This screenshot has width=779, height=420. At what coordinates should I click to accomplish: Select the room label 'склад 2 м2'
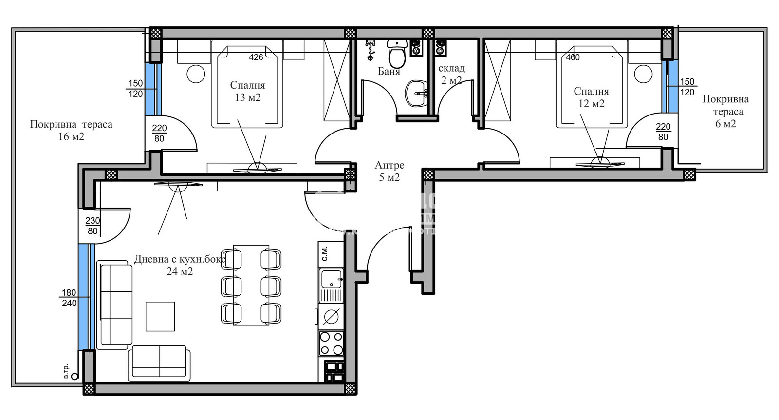pyautogui.click(x=451, y=74)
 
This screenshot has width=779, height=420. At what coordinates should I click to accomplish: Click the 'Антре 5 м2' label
pyautogui.click(x=389, y=171)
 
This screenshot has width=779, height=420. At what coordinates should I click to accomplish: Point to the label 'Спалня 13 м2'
pyautogui.click(x=247, y=91)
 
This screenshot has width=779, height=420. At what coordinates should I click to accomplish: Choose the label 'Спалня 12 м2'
pyautogui.click(x=591, y=97)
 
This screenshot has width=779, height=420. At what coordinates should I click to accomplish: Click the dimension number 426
pyautogui.click(x=256, y=57)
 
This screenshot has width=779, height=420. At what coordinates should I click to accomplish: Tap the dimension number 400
pyautogui.click(x=573, y=57)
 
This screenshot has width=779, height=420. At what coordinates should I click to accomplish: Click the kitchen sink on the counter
pyautogui.click(x=331, y=279)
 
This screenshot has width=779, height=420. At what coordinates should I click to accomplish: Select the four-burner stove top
pyautogui.click(x=331, y=343)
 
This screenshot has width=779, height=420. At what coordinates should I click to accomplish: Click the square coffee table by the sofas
pyautogui.click(x=160, y=316)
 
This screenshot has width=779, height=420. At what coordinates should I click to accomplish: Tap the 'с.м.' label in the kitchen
pyautogui.click(x=325, y=252)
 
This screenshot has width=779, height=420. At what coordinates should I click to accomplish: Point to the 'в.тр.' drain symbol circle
pyautogui.click(x=74, y=376)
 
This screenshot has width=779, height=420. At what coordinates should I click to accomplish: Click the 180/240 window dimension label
pyautogui.click(x=69, y=298)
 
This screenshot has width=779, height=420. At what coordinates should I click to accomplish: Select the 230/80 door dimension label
pyautogui.click(x=93, y=226)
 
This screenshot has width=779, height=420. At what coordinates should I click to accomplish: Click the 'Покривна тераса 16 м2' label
pyautogui.click(x=71, y=130)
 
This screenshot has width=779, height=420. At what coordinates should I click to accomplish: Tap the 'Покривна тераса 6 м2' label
pyautogui.click(x=725, y=111)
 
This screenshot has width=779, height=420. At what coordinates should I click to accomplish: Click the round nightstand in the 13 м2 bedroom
pyautogui.click(x=196, y=74)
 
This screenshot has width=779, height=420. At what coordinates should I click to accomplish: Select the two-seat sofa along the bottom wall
pyautogui.click(x=159, y=363)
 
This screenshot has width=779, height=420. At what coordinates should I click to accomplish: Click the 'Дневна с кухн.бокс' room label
pyautogui.click(x=179, y=259)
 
